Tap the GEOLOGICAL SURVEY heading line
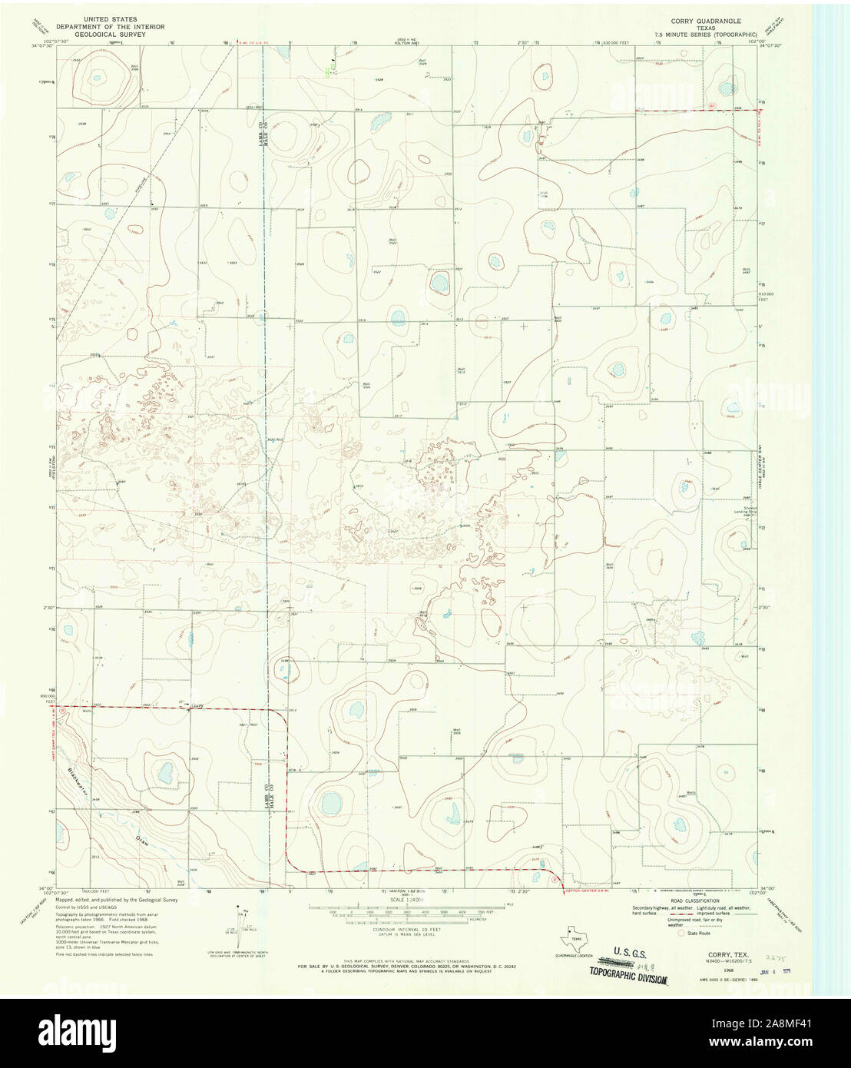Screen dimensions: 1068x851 (x=126, y=35)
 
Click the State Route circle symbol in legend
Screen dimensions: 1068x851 (x=670, y=933)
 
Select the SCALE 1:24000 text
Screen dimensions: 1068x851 (x=406, y=899)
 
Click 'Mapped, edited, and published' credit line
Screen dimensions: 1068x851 (x=116, y=899)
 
